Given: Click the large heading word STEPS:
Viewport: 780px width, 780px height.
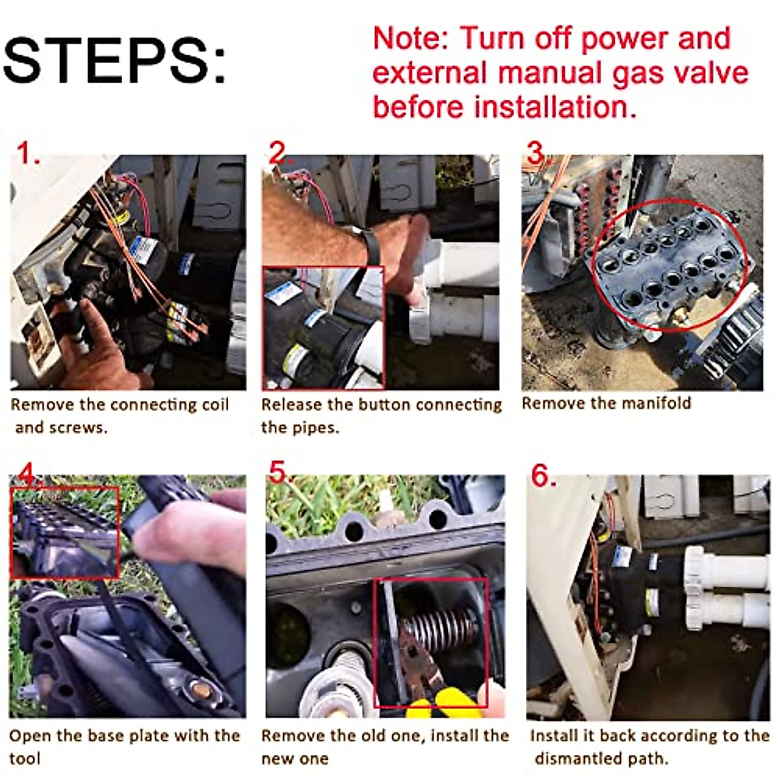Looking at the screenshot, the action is (x=114, y=60).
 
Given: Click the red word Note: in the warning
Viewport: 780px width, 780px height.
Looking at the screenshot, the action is (x=411, y=39).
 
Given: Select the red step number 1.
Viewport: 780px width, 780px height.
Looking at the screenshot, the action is (x=29, y=153).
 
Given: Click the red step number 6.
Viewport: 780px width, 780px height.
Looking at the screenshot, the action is (x=543, y=476).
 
